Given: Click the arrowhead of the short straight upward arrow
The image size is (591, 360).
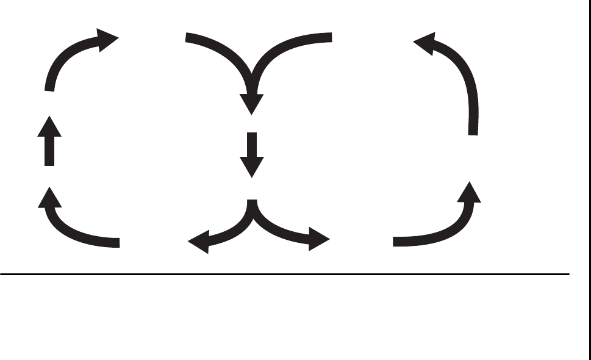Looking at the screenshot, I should pos(50,126).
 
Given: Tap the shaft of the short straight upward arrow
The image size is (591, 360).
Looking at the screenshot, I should pos(50,151).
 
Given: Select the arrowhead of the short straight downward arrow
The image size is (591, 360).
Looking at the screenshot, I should pos(251,166).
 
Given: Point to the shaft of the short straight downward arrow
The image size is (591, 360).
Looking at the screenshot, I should pos(251,144).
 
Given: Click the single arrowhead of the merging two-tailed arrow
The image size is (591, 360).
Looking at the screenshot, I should pos(251,103).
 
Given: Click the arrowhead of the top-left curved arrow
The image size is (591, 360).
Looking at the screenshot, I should pos(109,40).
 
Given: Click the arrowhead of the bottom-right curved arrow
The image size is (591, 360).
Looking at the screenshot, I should pos(470,192).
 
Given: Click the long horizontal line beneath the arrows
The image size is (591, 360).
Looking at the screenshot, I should pos(284,274).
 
